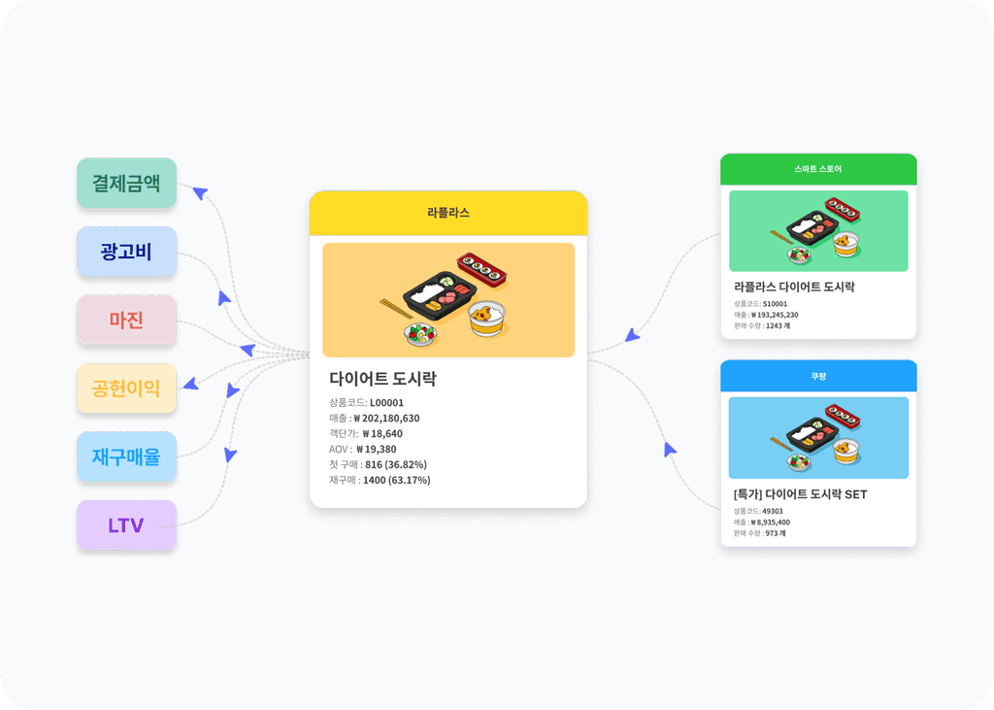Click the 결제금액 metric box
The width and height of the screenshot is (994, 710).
point(126,183)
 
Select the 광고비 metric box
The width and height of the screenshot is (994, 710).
point(126,252)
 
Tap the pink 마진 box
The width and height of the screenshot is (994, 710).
point(126,320)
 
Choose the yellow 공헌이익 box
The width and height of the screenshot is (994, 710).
point(126,389)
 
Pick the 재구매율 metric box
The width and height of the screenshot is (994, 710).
point(126,456)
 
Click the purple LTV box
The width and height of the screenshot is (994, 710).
point(126,525)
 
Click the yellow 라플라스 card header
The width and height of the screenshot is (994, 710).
point(448,213)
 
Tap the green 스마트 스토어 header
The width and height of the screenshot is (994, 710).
point(817,169)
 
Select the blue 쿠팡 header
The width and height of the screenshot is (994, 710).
point(817,376)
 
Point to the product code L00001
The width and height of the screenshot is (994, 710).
point(386,402)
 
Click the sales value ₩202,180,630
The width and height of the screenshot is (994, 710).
point(386,418)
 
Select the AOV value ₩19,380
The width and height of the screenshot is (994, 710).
point(379,449)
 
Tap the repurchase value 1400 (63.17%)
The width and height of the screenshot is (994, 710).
point(396,480)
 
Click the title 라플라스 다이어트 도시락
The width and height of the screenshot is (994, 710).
point(794,287)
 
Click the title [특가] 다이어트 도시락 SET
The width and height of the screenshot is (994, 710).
point(800,494)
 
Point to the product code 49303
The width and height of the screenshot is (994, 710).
point(773,511)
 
